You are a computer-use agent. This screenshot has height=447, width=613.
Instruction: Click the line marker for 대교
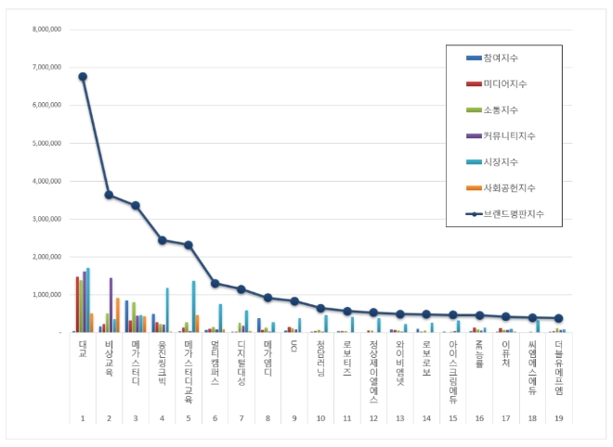pos(83,76)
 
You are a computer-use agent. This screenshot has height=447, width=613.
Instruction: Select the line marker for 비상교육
pos(109,195)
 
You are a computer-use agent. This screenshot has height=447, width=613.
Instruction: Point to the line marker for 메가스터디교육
pos(189,245)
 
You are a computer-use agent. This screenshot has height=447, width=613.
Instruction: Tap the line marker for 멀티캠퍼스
pos(215,283)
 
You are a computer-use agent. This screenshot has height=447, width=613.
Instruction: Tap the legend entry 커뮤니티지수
pos(511,135)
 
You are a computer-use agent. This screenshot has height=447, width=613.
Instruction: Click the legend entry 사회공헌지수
pos(511,187)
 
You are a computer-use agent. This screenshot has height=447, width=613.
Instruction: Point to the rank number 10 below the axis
pos(321,419)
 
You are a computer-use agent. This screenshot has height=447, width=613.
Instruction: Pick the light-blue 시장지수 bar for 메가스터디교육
pos(193,306)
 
